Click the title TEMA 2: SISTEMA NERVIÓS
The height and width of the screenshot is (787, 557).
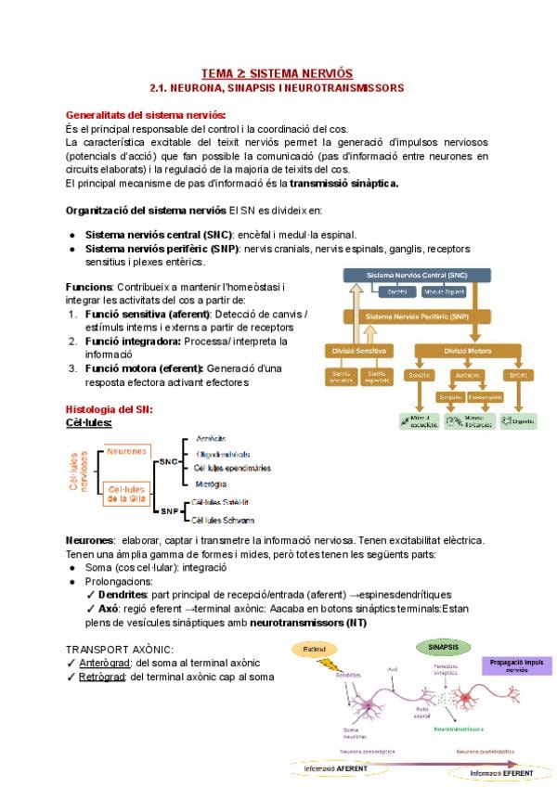point(278,72)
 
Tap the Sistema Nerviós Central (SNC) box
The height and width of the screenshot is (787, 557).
point(417,276)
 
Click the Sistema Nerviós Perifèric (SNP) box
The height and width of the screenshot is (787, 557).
point(417,316)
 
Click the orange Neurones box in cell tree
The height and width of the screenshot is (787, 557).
point(126,452)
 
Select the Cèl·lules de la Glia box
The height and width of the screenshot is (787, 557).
point(128,494)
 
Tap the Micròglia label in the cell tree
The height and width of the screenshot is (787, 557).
point(212,484)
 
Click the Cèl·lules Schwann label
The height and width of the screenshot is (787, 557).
point(222,521)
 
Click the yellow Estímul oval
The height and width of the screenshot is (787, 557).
point(319,649)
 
